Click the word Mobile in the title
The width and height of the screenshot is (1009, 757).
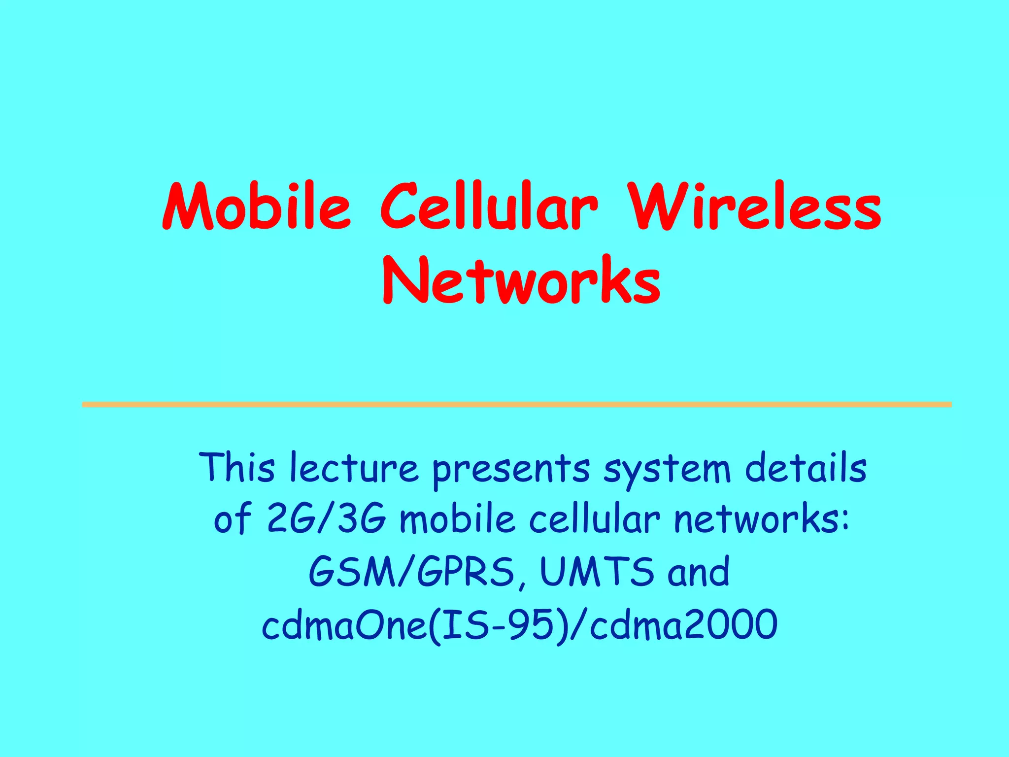pos(256,207)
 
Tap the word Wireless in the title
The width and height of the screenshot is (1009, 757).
pos(756,207)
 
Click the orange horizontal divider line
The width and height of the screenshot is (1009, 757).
pos(516,405)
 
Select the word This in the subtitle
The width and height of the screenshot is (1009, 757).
pos(237,467)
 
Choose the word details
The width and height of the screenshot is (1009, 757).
pos(806,467)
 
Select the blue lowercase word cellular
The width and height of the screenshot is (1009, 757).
pos(594,519)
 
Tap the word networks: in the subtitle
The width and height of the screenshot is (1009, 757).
pos(762,519)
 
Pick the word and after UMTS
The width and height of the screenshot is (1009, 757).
pos(699,572)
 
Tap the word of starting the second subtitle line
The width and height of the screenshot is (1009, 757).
pos(233,519)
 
